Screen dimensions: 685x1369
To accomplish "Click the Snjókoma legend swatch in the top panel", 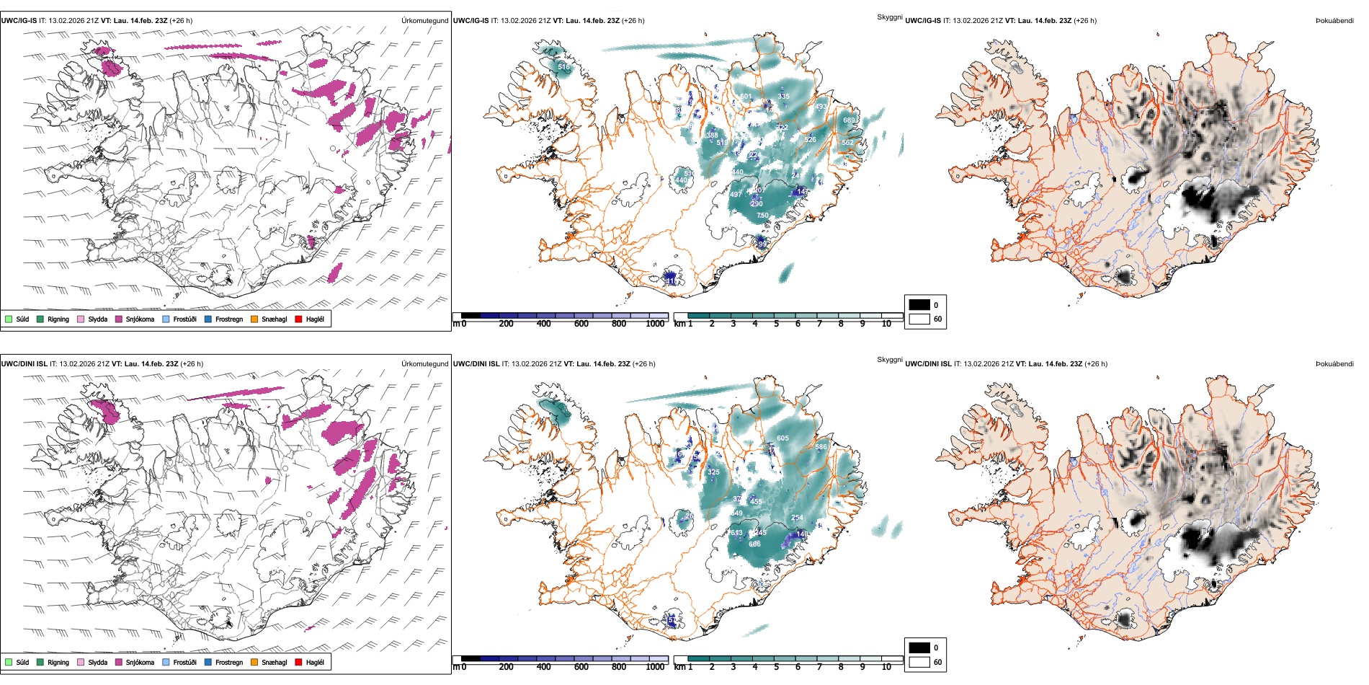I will [119, 319].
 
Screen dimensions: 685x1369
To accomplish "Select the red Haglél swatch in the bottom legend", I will [298, 662].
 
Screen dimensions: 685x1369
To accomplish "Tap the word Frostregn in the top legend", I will [229, 319].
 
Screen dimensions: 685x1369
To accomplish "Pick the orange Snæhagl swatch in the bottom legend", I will [254, 662].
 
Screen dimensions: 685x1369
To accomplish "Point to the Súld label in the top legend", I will [23, 319].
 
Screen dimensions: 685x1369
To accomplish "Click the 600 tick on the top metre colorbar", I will [581, 324].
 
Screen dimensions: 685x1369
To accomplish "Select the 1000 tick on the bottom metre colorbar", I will [655, 667].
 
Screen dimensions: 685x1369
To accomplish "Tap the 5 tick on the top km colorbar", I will [776, 324].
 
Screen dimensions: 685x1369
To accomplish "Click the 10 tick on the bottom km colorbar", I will [886, 667].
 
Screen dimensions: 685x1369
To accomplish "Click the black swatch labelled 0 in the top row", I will [919, 304].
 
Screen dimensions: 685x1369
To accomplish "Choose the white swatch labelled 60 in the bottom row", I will [919, 662].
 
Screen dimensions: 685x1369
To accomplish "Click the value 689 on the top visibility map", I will [849, 120].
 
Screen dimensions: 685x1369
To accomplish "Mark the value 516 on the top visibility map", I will [563, 67].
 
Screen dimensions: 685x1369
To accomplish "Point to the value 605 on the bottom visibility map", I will [782, 438].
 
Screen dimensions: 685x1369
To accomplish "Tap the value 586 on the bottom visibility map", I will [821, 447].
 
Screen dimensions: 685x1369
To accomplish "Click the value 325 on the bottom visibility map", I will [713, 472].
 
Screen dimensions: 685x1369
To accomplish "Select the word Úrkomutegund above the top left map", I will [424, 21].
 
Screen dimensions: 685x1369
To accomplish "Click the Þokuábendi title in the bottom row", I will [1334, 364].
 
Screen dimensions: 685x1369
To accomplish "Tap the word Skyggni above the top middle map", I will [889, 17].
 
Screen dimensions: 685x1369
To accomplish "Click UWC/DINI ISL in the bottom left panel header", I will [24, 364].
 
